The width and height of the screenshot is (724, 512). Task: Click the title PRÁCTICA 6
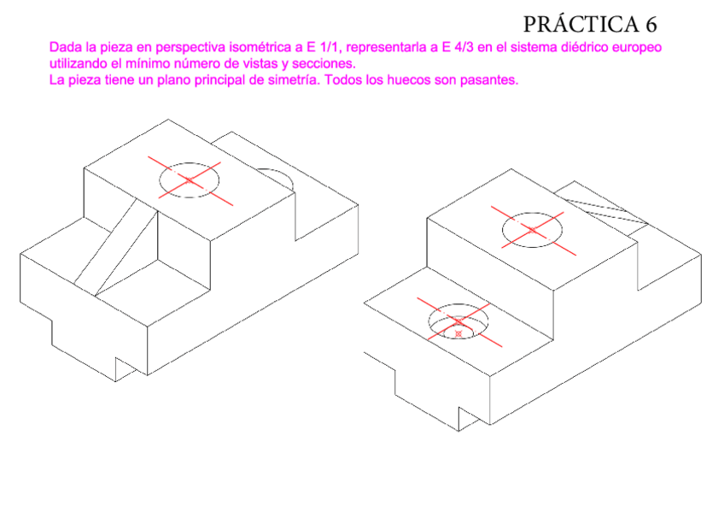(x=590, y=23)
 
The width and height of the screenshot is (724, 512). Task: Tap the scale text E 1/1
(x=311, y=47)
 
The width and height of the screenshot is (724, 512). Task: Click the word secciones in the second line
(x=325, y=64)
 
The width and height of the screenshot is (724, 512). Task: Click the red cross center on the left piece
(x=189, y=179)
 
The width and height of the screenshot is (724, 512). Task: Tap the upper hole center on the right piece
(x=533, y=229)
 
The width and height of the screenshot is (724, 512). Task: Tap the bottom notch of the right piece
(x=468, y=417)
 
